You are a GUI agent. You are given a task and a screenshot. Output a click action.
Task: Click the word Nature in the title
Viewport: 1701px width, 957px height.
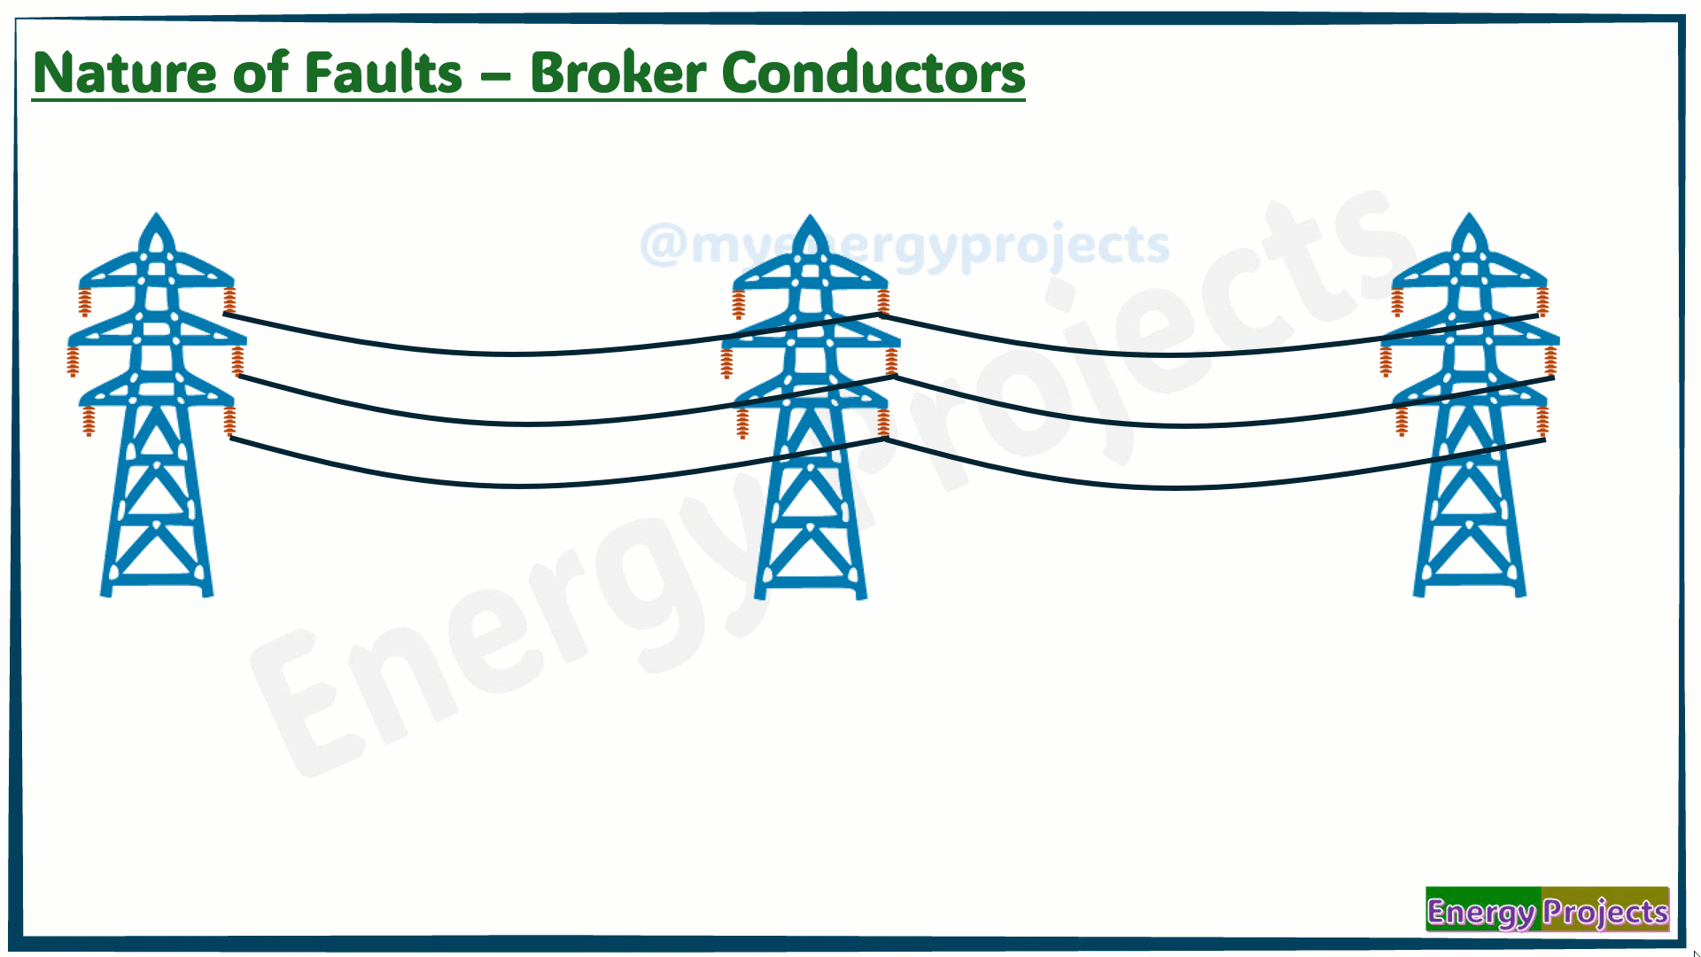pos(123,73)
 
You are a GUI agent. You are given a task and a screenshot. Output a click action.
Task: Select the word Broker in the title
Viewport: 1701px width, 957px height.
pos(617,73)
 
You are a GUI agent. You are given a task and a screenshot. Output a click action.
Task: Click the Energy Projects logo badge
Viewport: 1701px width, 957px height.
pos(1547,909)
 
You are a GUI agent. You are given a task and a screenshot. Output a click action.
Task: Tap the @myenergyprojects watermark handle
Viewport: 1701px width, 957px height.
pos(905,245)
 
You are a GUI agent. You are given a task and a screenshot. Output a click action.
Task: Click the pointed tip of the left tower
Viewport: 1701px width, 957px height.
pos(157,214)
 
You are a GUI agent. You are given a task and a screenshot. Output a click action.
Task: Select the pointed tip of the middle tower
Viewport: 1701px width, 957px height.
pos(809,215)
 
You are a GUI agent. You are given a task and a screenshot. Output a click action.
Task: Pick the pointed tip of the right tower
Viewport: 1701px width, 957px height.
pos(1470,214)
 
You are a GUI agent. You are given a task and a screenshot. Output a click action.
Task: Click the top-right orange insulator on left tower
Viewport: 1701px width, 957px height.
pos(229,300)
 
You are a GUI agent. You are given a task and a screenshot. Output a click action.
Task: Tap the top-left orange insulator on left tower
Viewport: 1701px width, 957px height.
pos(85,301)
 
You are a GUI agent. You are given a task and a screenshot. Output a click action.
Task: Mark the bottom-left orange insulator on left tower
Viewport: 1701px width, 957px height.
pos(89,421)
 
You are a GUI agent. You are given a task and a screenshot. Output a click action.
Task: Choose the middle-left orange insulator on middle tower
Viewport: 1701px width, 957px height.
pos(726,362)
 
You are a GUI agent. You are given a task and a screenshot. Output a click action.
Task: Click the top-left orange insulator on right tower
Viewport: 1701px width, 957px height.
pos(1397,301)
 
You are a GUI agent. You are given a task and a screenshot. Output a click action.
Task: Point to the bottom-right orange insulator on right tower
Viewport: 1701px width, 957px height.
pos(1542,422)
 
